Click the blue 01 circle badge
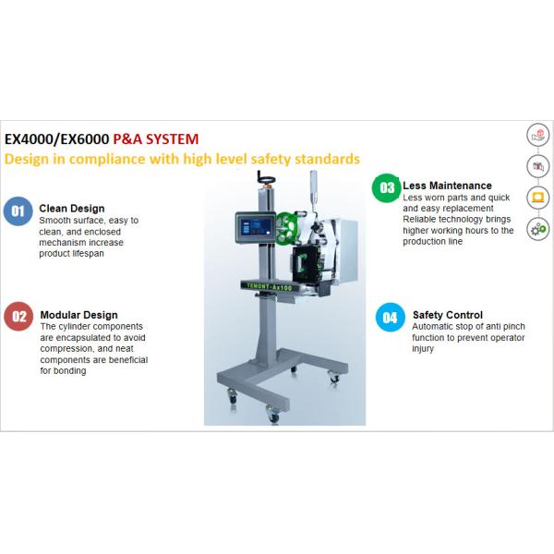click(18, 211)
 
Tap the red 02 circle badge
click(18, 317)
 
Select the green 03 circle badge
click(385, 188)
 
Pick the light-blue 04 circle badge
click(390, 318)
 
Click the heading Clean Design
click(71, 209)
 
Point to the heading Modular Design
click(78, 314)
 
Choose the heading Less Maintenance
click(447, 186)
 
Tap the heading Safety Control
click(447, 315)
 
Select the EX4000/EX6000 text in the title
click(57, 139)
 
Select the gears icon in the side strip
click(536, 229)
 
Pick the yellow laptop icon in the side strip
click(536, 198)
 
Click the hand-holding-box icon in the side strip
click(536, 135)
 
